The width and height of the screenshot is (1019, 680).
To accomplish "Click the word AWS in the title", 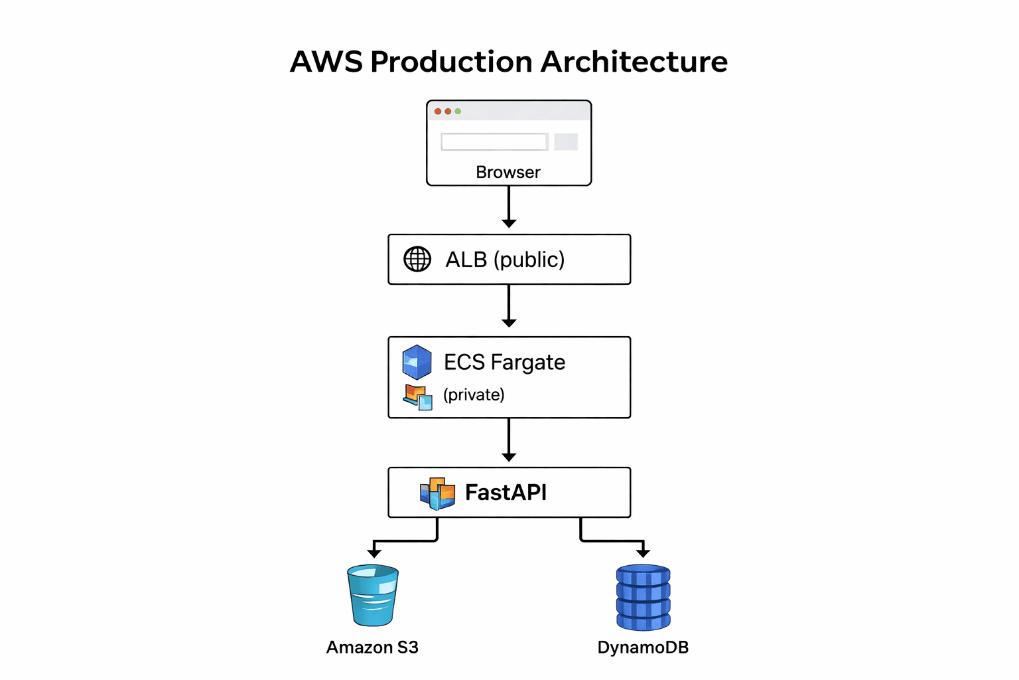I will [326, 62].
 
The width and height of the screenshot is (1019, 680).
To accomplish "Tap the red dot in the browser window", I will [438, 112].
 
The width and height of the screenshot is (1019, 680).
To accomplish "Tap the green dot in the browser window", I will [458, 112].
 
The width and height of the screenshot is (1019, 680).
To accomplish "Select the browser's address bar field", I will [494, 141].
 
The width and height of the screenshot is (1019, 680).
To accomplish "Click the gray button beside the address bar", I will [566, 141].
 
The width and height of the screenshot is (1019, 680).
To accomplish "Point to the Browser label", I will [508, 172].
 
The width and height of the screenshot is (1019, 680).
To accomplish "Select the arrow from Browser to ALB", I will [509, 207].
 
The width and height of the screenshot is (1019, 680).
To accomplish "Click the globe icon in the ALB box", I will [417, 259].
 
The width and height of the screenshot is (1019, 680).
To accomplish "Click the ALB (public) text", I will [505, 259].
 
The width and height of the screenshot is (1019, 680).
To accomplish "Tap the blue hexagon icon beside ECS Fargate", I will [417, 362].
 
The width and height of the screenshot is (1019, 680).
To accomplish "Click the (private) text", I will [474, 394].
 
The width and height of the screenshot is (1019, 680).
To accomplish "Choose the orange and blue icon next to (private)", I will [418, 397].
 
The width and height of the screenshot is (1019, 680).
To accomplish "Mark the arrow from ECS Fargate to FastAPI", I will [509, 440].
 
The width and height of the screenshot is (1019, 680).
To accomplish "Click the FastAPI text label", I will [506, 493].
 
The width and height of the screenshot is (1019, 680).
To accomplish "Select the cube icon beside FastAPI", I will [438, 493].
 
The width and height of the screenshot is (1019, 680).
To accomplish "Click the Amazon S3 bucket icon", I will [373, 595].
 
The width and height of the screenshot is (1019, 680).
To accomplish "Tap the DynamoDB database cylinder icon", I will [643, 597].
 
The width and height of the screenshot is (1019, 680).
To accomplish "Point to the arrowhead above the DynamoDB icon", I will [643, 552].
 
